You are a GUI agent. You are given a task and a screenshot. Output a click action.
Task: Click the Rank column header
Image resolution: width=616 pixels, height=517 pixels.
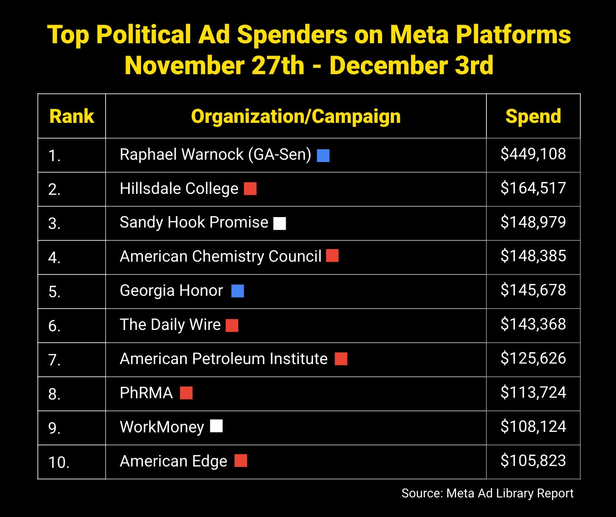[71, 117]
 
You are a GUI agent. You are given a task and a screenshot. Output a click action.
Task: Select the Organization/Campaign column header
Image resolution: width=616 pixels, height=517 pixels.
[296, 117]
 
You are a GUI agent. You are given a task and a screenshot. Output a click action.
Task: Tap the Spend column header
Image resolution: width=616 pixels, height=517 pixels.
[533, 117]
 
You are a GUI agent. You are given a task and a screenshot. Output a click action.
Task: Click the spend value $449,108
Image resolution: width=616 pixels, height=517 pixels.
[533, 154]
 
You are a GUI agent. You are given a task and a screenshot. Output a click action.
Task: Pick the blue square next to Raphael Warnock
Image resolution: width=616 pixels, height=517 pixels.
[323, 156]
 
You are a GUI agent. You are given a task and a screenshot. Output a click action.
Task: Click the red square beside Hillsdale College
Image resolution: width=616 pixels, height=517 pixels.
[250, 189]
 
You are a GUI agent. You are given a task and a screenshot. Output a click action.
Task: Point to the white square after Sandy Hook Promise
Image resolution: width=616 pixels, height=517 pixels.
[280, 223]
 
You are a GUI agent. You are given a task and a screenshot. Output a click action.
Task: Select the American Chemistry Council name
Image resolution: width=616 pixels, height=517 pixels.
[221, 257]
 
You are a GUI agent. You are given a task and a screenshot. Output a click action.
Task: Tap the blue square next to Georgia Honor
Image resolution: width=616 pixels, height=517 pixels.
[237, 291]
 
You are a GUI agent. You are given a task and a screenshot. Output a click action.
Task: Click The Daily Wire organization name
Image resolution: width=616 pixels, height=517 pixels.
[170, 325]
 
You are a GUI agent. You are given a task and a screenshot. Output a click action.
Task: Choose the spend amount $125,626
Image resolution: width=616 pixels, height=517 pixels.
[533, 359]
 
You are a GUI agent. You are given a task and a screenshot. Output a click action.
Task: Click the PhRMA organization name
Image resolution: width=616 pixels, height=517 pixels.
[146, 393]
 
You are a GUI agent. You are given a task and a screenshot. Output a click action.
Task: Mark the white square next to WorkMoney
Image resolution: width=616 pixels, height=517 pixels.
[217, 426]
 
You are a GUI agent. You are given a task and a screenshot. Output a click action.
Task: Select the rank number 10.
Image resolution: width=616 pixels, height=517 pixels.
[59, 462]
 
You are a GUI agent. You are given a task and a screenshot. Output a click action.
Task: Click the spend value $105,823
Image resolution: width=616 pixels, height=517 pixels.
[533, 461]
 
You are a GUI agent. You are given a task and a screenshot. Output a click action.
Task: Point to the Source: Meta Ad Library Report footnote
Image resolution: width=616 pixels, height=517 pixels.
[487, 493]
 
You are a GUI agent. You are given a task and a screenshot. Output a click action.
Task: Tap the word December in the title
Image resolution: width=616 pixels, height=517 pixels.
[386, 66]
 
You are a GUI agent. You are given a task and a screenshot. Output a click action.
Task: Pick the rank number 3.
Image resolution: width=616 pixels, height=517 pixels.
[54, 223]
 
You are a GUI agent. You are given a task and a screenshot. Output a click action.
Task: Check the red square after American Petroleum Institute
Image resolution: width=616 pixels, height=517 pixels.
[341, 359]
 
